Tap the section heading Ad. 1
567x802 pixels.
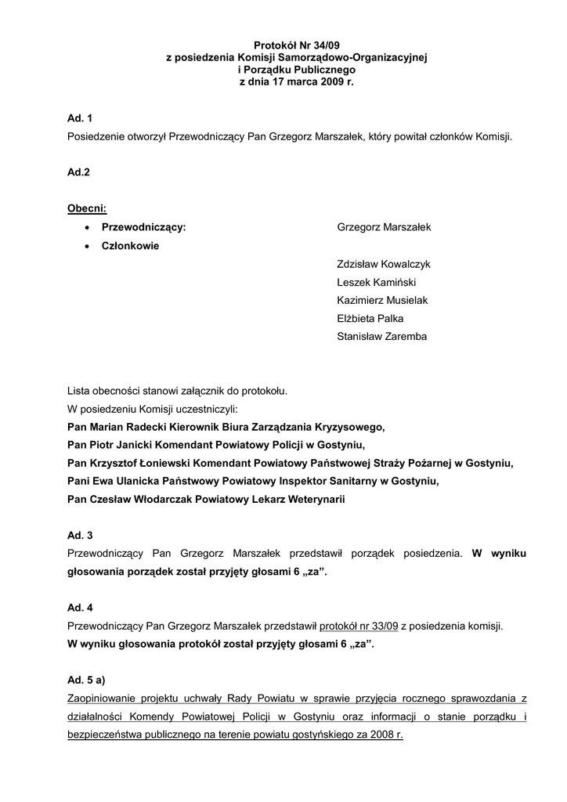click(x=81, y=119)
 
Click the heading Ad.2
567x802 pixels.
click(x=80, y=173)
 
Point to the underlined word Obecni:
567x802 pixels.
click(x=87, y=209)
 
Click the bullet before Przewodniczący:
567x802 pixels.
click(x=86, y=228)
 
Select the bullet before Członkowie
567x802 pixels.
click(x=86, y=246)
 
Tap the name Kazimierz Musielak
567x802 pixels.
click(x=382, y=301)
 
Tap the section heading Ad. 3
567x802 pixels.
click(x=81, y=536)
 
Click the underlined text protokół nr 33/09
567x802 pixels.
click(x=359, y=626)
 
